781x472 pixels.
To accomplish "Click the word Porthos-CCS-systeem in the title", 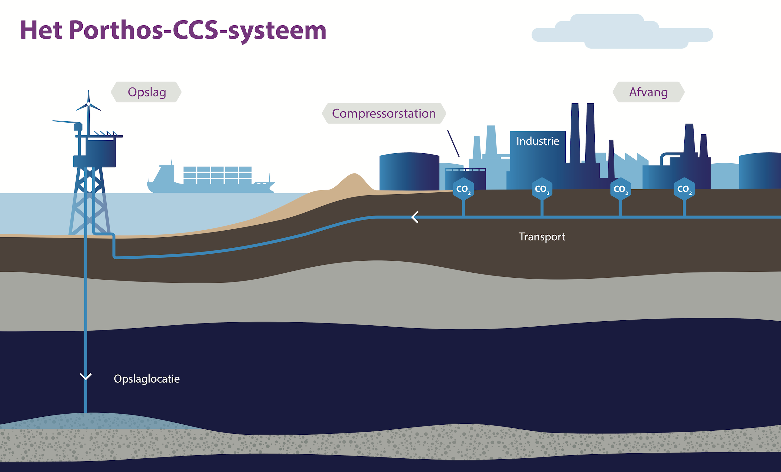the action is [198, 31].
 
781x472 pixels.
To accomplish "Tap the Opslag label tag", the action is [146, 92].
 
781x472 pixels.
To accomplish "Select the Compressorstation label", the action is [384, 113].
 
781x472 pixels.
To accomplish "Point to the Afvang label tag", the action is [648, 92].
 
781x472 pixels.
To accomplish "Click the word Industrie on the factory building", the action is [538, 141].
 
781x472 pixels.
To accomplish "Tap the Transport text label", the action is [542, 237].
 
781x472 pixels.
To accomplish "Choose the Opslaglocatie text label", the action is [147, 379].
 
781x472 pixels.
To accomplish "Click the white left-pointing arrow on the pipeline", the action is [415, 217].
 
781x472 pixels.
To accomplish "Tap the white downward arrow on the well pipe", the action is [86, 377].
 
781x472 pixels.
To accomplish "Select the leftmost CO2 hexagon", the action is [463, 189].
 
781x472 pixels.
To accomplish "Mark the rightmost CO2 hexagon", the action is [684, 189].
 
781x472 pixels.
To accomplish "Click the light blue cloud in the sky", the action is [622, 32].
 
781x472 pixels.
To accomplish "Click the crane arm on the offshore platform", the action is [67, 122].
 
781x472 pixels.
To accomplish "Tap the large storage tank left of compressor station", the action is [409, 171].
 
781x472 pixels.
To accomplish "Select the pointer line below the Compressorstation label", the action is [453, 143].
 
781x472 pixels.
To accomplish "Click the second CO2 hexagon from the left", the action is [542, 189].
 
